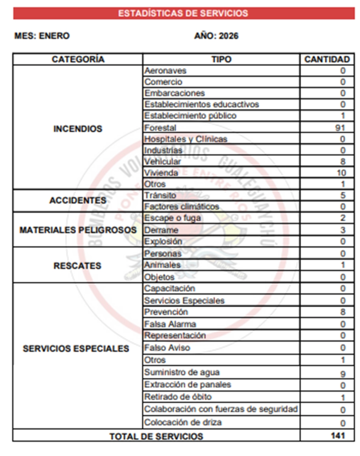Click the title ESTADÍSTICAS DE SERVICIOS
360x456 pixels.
coord(183,13)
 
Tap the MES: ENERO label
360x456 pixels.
coord(42,36)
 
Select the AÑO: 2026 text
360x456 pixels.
coord(216,36)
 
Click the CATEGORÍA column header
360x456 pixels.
coord(78,60)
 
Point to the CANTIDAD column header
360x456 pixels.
coord(327,60)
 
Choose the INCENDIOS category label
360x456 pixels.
coord(78,129)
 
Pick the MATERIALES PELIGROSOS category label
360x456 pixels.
coord(78,230)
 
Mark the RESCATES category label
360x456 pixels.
coord(78,266)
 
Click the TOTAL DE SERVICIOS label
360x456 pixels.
coord(156,436)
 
